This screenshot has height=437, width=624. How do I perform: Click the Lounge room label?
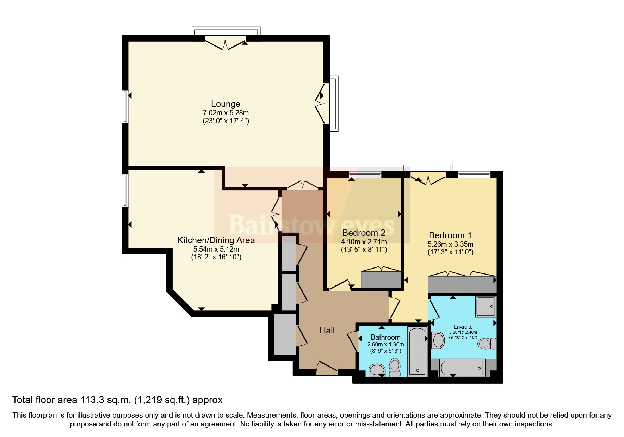pyautogui.click(x=225, y=104)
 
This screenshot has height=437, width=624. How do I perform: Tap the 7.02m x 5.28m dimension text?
pyautogui.click(x=225, y=113)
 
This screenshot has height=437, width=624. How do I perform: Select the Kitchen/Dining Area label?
pyautogui.click(x=216, y=240)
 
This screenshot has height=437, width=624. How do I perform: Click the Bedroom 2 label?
pyautogui.click(x=364, y=233)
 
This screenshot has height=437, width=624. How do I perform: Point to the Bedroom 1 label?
pyautogui.click(x=450, y=235)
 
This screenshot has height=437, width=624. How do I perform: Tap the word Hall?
pyautogui.click(x=327, y=330)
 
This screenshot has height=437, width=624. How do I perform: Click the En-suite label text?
pyautogui.click(x=463, y=327)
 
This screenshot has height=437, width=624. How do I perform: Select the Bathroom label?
pyautogui.click(x=385, y=337)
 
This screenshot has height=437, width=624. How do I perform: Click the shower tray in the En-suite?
pyautogui.click(x=486, y=306)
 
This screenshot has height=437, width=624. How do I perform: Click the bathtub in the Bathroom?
pyautogui.click(x=418, y=351)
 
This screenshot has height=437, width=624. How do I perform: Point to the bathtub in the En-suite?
pyautogui.click(x=462, y=368)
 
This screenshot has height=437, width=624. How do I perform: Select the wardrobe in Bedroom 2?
pyautogui.click(x=381, y=279)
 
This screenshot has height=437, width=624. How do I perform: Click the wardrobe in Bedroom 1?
pyautogui.click(x=462, y=284)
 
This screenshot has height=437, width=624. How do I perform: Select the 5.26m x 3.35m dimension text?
pyautogui.click(x=450, y=244)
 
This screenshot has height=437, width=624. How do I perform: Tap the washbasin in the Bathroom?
pyautogui.click(x=377, y=370)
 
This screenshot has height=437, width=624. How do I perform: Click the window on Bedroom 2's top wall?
pyautogui.click(x=365, y=174)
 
